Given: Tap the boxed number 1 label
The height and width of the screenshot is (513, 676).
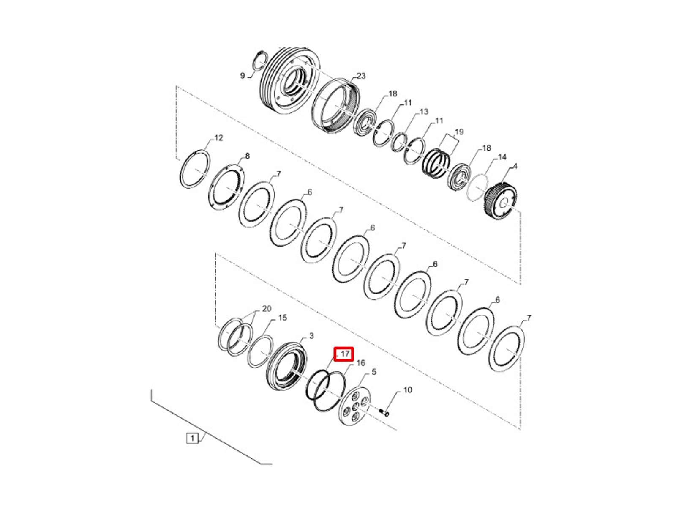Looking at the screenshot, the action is pos(192,438).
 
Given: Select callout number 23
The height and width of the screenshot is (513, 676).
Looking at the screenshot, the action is pos(361,76).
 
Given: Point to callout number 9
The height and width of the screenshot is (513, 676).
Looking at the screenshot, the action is pos(243,76).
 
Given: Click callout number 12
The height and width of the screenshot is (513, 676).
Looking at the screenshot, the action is pos(218,137).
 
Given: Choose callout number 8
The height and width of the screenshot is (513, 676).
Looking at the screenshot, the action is pos(247,156).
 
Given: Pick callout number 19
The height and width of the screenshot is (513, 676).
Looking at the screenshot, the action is pos(459,132).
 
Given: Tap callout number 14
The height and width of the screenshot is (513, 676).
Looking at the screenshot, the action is pos(502,157).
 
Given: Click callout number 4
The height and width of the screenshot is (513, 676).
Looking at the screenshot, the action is pos(515,167).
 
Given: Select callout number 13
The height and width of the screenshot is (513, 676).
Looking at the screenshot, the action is pos(424,112).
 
